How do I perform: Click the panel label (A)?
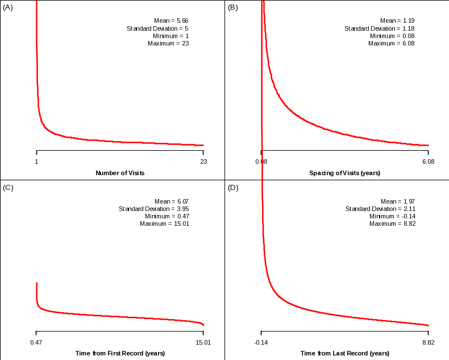point(8,7)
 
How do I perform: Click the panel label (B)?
point(232,7)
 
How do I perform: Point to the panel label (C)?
point(8,188)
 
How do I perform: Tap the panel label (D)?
point(232,188)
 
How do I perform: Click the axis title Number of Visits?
point(119,173)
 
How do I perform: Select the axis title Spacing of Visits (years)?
point(344,173)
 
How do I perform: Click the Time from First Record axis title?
point(120,353)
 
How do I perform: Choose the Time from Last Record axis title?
point(344,353)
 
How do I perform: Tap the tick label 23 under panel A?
point(203,162)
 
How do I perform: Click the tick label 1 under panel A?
point(36,162)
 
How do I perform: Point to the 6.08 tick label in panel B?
point(427,162)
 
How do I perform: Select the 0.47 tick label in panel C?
point(36,342)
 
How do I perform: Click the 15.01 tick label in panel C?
point(203,342)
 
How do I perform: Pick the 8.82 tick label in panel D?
point(427,342)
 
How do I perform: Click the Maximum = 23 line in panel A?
point(168,43)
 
